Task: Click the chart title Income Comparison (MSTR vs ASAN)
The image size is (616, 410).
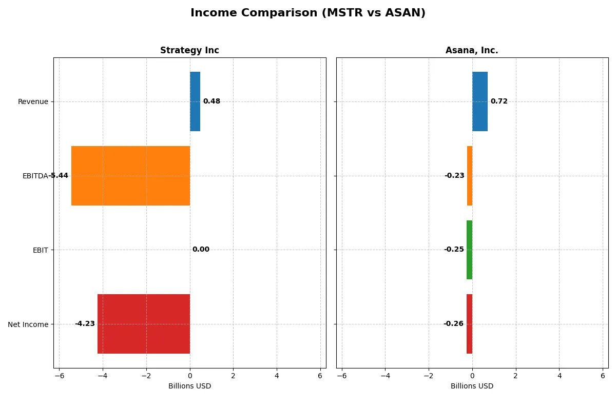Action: tap(308, 13)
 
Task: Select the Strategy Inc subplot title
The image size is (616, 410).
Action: tap(189, 50)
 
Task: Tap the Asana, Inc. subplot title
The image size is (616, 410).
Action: tap(472, 50)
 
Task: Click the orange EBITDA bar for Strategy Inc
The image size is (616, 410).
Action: tap(130, 176)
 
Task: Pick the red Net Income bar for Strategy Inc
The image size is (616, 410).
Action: tap(144, 324)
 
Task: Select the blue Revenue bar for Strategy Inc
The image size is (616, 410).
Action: tap(195, 101)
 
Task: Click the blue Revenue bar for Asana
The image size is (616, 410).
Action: tap(480, 101)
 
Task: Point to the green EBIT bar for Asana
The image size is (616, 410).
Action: tap(469, 250)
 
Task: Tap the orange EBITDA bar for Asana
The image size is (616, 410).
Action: tap(470, 176)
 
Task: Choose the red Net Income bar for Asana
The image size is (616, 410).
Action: tap(469, 324)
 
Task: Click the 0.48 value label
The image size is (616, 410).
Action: tap(211, 101)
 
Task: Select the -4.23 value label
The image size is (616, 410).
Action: tap(85, 324)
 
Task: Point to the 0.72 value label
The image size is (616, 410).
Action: tap(499, 101)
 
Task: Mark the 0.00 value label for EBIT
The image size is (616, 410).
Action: tap(201, 250)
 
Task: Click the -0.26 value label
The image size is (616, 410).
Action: tap(453, 324)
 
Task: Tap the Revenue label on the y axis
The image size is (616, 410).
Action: tap(33, 101)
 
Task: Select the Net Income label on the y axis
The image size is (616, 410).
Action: tap(28, 324)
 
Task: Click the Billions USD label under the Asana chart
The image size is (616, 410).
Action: tap(472, 386)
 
